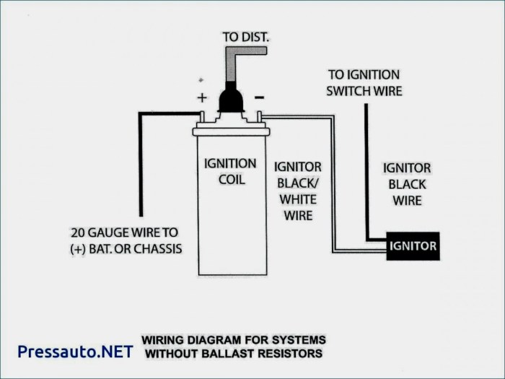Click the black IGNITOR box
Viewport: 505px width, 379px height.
tap(413, 245)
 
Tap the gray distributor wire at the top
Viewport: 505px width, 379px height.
tap(233, 61)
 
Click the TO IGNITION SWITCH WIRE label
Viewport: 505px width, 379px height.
tap(364, 83)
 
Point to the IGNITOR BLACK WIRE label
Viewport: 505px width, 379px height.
tap(407, 184)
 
